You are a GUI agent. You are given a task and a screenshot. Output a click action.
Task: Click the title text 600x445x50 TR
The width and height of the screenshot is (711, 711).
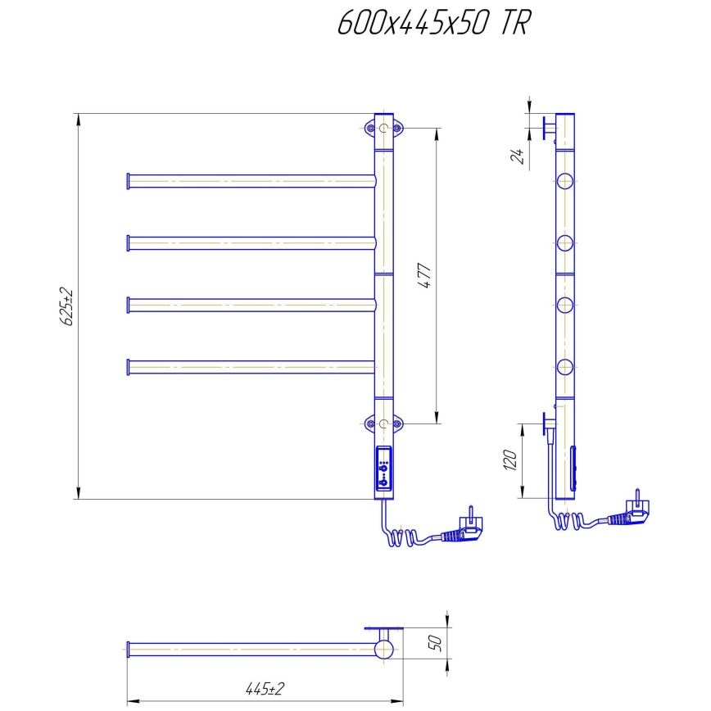[x=434, y=24]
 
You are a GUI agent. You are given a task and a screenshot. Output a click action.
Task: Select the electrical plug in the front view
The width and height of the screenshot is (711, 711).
[x=462, y=531]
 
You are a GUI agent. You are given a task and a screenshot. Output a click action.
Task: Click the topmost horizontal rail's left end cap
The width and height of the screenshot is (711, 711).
[x=128, y=180]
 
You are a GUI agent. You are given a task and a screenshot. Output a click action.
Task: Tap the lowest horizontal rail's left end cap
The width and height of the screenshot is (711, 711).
[x=128, y=366]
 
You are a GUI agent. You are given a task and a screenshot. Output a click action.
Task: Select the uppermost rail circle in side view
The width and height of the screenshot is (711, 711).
[x=564, y=181]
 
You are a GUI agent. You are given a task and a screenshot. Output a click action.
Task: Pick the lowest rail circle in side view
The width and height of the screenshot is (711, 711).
[x=564, y=366]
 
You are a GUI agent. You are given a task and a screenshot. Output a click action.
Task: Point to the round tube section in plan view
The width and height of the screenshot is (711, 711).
[x=383, y=650]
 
